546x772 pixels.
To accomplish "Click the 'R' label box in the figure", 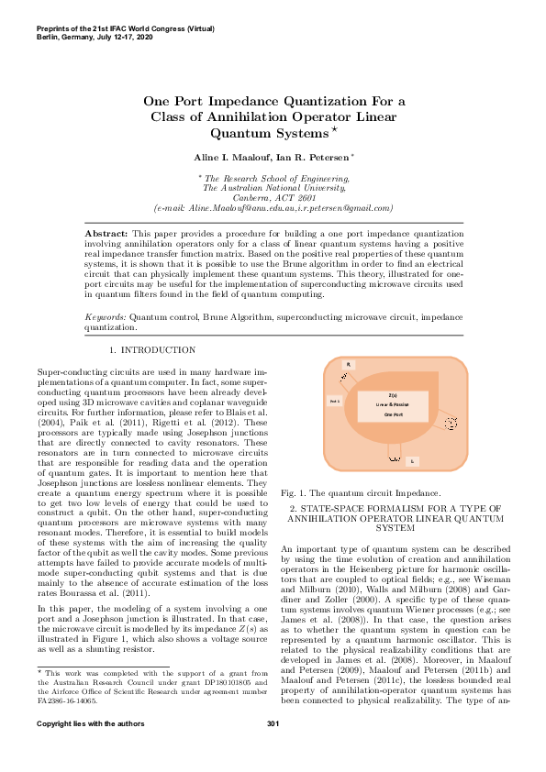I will [x=348, y=365].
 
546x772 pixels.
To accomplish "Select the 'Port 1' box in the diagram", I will [x=335, y=401].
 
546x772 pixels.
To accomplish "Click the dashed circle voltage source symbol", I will [x=451, y=423].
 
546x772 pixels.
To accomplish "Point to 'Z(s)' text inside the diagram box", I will [x=393, y=394].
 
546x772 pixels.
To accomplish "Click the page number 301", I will [x=273, y=751].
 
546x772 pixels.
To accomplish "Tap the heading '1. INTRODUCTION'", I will [x=151, y=350].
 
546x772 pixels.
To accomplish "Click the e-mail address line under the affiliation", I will [x=273, y=208].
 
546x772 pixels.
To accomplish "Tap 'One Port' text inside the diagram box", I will [x=393, y=414].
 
